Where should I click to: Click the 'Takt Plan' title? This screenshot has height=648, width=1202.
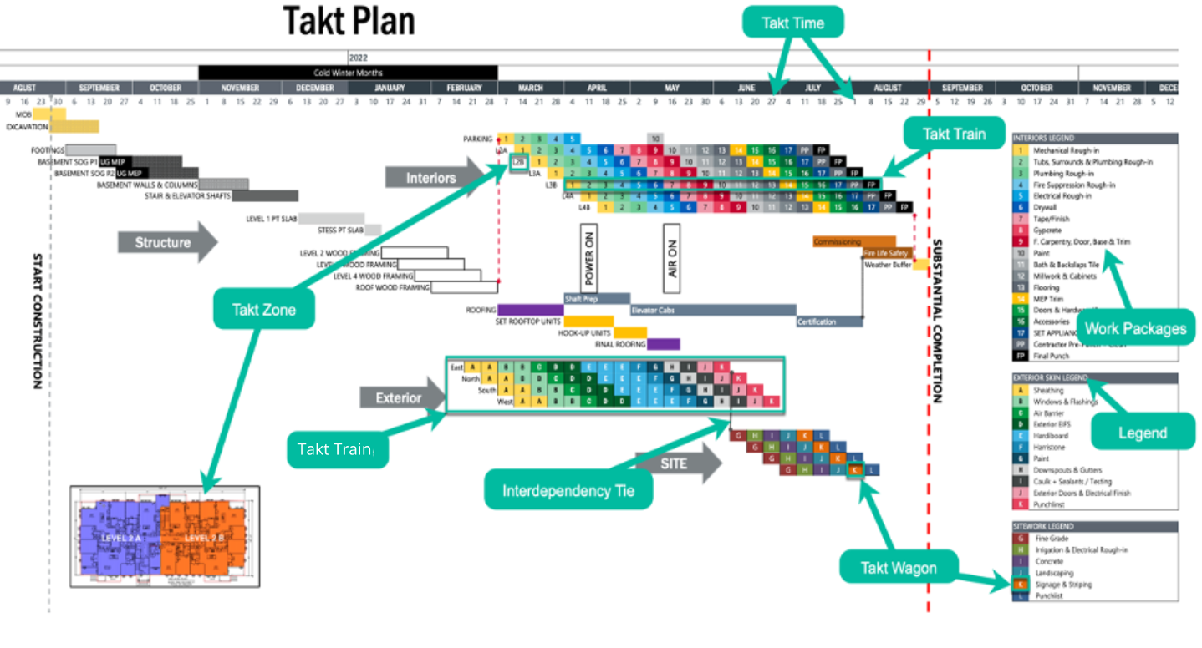coord(349,22)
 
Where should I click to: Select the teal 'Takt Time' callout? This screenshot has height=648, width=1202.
coord(793,23)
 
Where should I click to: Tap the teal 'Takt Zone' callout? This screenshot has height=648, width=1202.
coord(264,310)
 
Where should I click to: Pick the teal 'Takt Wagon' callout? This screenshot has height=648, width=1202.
coord(899,569)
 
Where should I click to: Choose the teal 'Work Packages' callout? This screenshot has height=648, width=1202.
coord(1136,328)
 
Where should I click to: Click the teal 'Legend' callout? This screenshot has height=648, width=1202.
coord(1142,433)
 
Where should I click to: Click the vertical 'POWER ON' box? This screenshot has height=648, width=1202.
coord(588,257)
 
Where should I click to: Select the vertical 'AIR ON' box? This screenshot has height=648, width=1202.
coord(672,257)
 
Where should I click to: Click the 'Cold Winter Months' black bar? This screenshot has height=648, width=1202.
coord(348,73)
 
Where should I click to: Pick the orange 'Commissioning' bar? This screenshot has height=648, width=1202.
coord(853,242)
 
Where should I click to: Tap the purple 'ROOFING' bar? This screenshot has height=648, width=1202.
coord(530,310)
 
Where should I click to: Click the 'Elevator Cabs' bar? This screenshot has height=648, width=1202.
coord(712,310)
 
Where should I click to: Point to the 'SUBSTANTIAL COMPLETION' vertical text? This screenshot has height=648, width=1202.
coord(937,321)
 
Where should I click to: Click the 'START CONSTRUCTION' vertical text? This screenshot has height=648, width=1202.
coord(37,321)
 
